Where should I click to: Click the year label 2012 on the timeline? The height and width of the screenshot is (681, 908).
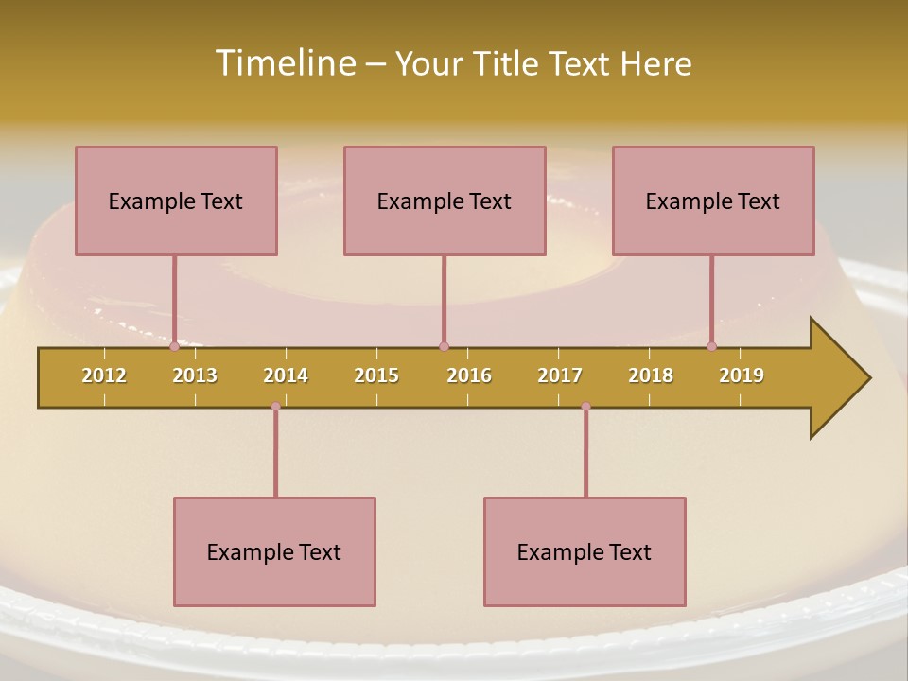pos(104,375)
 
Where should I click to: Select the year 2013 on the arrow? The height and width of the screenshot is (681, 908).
pos(195,375)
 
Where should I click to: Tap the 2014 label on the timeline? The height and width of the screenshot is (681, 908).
pos(286,375)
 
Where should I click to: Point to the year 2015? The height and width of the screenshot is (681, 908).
pos(376,375)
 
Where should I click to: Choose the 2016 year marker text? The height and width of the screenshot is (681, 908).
pos(469,375)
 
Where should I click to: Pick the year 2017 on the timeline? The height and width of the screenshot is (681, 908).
pos(560,375)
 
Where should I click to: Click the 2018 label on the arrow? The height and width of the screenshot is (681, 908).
pos(651,375)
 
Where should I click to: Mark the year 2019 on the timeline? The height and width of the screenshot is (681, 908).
pos(742,375)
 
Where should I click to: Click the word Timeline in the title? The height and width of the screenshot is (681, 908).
pos(283,63)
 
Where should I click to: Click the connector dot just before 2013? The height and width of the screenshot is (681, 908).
pos(174,346)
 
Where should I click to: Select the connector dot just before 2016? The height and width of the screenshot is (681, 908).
pos(444,346)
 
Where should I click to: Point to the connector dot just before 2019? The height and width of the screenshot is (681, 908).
pos(712,346)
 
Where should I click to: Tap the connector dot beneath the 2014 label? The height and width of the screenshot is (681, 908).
pos(275,407)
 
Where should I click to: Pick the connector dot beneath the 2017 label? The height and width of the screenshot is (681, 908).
pos(585,407)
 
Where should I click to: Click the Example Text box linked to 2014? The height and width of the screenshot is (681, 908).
pos(274,551)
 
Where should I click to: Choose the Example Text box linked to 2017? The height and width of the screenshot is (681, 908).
pos(585,551)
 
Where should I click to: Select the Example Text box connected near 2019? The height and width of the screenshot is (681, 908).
pos(713,201)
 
